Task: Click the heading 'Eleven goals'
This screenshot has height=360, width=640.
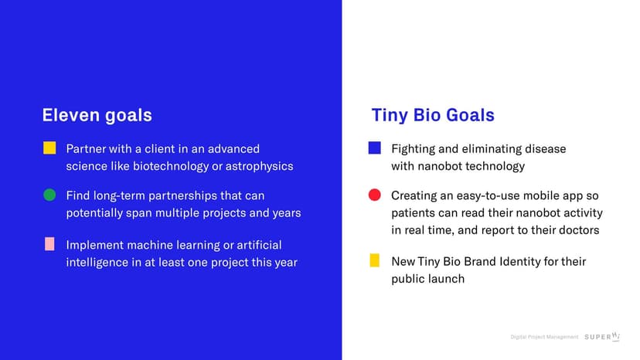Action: [97, 116]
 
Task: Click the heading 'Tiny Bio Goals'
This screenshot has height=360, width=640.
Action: [432, 116]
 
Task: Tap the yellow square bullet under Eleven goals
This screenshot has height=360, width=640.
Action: [49, 148]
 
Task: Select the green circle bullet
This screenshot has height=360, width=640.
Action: [49, 195]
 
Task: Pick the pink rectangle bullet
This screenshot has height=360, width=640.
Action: [49, 244]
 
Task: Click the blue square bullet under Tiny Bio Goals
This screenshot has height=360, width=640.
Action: [374, 148]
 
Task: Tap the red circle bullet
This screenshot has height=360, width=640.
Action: [374, 195]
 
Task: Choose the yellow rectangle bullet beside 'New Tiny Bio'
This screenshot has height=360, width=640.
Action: [374, 260]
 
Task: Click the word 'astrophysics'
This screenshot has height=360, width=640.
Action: [259, 166]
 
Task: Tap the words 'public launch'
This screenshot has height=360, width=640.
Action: [427, 279]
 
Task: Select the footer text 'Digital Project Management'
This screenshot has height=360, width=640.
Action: [544, 337]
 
